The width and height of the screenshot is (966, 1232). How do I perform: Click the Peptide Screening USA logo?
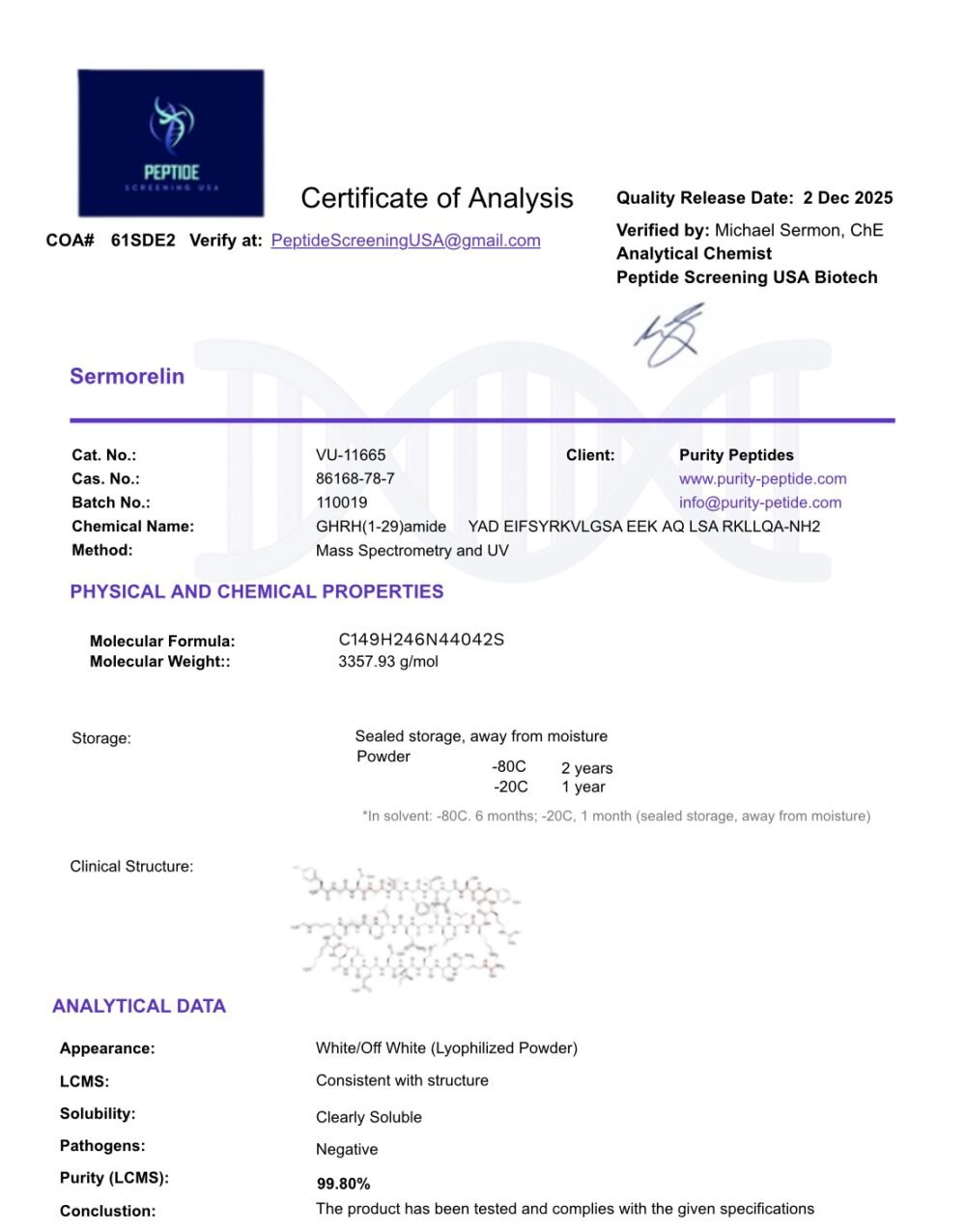click(171, 142)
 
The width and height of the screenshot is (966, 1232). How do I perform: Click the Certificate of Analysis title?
click(437, 198)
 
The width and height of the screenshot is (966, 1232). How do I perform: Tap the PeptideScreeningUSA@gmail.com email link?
click(406, 241)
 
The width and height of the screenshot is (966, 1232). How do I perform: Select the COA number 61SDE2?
click(143, 241)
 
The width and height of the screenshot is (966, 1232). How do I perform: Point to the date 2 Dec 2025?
click(848, 198)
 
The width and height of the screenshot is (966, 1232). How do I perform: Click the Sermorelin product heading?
click(127, 377)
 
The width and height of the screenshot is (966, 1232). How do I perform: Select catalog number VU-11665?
click(351, 455)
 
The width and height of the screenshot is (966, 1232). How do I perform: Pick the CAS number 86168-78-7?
click(355, 478)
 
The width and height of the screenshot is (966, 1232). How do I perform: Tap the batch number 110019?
click(341, 502)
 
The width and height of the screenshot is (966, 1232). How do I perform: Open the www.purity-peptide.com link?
click(762, 478)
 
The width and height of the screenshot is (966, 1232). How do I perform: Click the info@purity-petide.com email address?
click(760, 502)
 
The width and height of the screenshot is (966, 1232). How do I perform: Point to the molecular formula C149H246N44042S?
click(421, 640)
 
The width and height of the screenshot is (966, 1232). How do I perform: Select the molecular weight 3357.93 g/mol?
click(388, 662)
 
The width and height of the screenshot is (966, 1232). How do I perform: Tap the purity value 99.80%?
click(344, 1184)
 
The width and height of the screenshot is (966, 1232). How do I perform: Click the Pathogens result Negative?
click(347, 1150)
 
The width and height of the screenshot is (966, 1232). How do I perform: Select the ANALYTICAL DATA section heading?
click(139, 1006)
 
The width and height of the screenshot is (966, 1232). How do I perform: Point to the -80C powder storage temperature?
click(509, 767)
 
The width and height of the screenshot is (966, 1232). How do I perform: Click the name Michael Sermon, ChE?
click(799, 230)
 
